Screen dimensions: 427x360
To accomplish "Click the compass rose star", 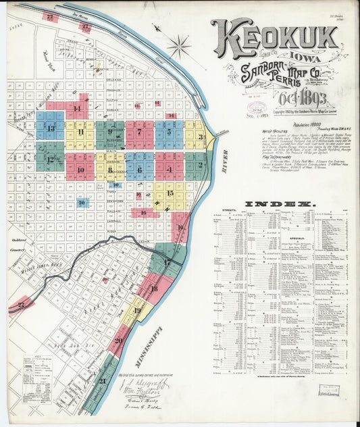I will pyautogui.click(x=178, y=47).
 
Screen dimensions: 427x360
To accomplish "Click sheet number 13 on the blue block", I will pyautogui.click(x=51, y=128).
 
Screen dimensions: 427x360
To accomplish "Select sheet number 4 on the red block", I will pyautogui.click(x=169, y=169).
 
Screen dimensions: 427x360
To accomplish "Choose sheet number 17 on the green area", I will pyautogui.click(x=167, y=262).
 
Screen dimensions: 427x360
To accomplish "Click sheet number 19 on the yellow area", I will pyautogui.click(x=137, y=311).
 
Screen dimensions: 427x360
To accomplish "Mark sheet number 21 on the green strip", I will pyautogui.click(x=103, y=381).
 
